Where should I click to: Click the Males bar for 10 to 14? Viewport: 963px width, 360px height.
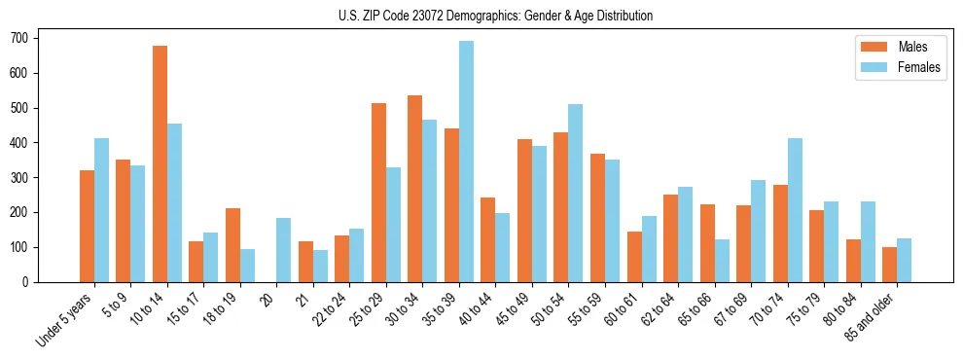(x=160, y=163)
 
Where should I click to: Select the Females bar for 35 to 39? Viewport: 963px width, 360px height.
(x=466, y=162)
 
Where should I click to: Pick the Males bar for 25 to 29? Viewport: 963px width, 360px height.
(x=378, y=193)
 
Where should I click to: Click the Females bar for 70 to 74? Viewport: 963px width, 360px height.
(x=795, y=210)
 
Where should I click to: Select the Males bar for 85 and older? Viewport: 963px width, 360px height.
(x=889, y=265)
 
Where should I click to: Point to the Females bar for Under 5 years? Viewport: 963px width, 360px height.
(x=101, y=210)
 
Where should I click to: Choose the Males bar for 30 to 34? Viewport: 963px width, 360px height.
(x=415, y=189)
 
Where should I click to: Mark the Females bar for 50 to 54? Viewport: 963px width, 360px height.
(x=576, y=193)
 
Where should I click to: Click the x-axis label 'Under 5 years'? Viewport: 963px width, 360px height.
(x=65, y=321)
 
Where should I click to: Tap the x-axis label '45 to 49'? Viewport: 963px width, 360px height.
(x=515, y=310)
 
